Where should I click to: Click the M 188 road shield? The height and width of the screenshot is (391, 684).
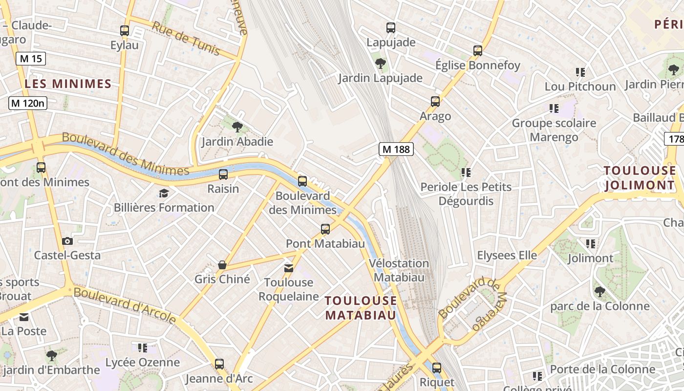[x=396, y=149]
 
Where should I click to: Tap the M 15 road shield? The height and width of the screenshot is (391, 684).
[x=30, y=59]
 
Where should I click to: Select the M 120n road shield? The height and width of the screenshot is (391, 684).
[x=28, y=103]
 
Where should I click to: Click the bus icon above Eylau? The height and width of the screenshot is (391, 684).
[x=125, y=30]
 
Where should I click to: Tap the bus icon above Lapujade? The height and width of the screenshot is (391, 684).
[x=390, y=27]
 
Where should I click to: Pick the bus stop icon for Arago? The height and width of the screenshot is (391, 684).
[x=435, y=102]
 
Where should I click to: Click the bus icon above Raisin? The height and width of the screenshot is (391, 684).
[x=223, y=174]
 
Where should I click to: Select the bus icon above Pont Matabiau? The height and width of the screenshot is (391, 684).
[x=325, y=229]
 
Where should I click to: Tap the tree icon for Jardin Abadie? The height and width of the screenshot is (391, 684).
[x=237, y=127]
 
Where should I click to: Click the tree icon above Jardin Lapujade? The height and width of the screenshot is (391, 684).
[x=380, y=63]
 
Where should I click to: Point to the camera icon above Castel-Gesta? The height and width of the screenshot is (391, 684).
[x=67, y=241]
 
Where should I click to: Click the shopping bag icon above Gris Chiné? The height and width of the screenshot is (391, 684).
[x=222, y=265]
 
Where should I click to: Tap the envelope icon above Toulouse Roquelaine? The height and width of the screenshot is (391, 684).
[x=289, y=268]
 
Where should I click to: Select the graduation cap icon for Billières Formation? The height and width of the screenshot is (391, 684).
[x=164, y=193]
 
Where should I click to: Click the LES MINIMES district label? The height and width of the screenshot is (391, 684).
[x=68, y=84]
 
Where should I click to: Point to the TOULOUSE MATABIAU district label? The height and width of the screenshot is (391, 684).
[x=361, y=307]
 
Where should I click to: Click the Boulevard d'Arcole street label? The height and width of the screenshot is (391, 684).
[x=125, y=305]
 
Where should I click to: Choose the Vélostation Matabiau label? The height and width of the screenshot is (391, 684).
[x=399, y=270]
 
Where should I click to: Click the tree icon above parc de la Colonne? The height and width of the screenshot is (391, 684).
[x=600, y=292]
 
